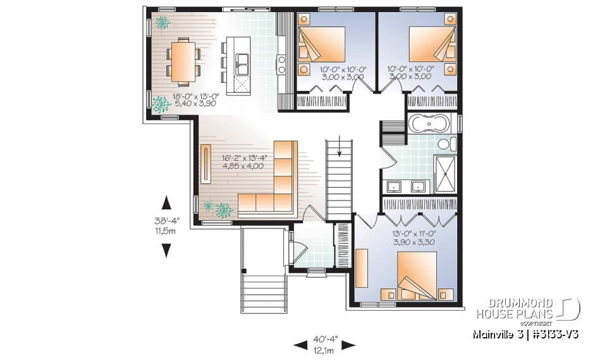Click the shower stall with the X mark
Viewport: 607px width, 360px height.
[441, 168]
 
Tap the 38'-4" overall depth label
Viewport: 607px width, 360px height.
[166, 221]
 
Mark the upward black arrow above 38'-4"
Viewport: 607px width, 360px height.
[166, 202]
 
